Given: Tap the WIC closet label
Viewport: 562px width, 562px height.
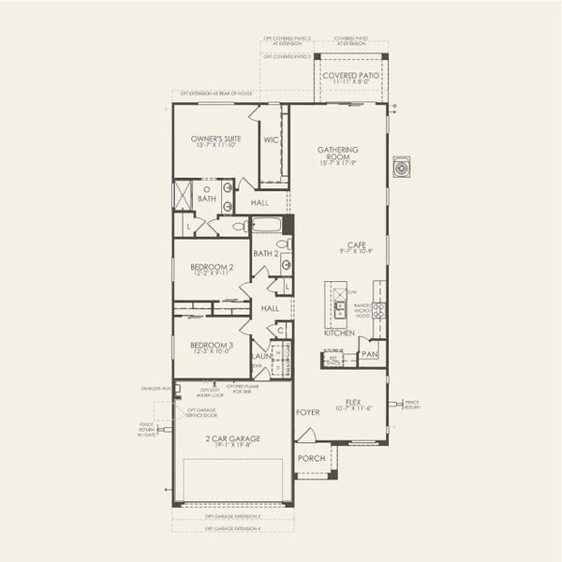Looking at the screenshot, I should coord(272,140).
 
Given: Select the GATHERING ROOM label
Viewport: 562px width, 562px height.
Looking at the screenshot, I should coord(338,154).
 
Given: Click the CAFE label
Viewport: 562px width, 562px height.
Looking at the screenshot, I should coord(356,244).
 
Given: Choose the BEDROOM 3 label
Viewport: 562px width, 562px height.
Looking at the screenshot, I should coord(212,345).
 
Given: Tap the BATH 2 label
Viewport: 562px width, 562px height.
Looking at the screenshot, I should coord(266,253).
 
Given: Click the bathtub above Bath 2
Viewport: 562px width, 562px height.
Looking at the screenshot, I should coord(267,225).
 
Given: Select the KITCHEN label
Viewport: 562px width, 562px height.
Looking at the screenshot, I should coord(339,333).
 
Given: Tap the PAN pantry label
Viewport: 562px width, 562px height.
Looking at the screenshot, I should coord(369,354).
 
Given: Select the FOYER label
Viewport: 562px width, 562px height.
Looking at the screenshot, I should coord(308,411).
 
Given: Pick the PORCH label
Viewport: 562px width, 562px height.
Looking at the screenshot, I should coord(311,458).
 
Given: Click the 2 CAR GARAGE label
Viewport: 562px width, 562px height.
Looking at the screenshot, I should coord(233,438).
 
